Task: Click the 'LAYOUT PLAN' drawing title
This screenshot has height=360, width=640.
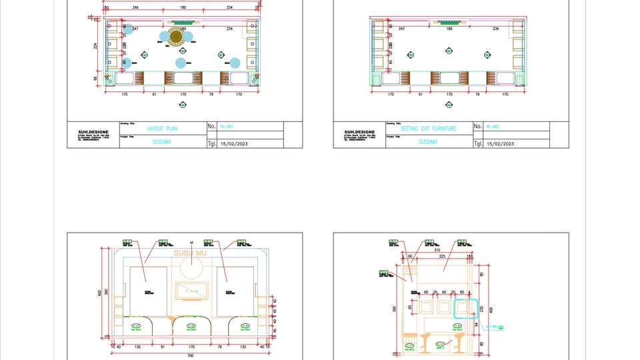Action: [162, 128]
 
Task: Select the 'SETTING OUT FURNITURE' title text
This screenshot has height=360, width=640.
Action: [428, 128]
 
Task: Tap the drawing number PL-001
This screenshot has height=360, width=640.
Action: [226, 126]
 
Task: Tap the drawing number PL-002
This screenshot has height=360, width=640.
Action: [492, 126]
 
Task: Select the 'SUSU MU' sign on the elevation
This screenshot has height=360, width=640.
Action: [191, 253]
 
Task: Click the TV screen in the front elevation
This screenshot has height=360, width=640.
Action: [193, 291]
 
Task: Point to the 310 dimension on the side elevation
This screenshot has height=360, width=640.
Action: [437, 250]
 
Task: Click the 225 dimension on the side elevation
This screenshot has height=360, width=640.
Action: [441, 255]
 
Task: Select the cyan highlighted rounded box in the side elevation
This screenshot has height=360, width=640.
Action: [466, 307]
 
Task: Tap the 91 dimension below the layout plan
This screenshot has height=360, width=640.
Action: [154, 95]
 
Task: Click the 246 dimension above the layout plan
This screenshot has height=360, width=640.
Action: [135, 7]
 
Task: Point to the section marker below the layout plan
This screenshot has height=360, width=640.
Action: [183, 105]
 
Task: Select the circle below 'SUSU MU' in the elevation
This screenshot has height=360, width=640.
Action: [191, 269]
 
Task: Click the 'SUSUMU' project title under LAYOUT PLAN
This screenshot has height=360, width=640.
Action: [162, 142]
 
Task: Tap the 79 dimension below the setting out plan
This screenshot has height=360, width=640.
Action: [477, 95]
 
